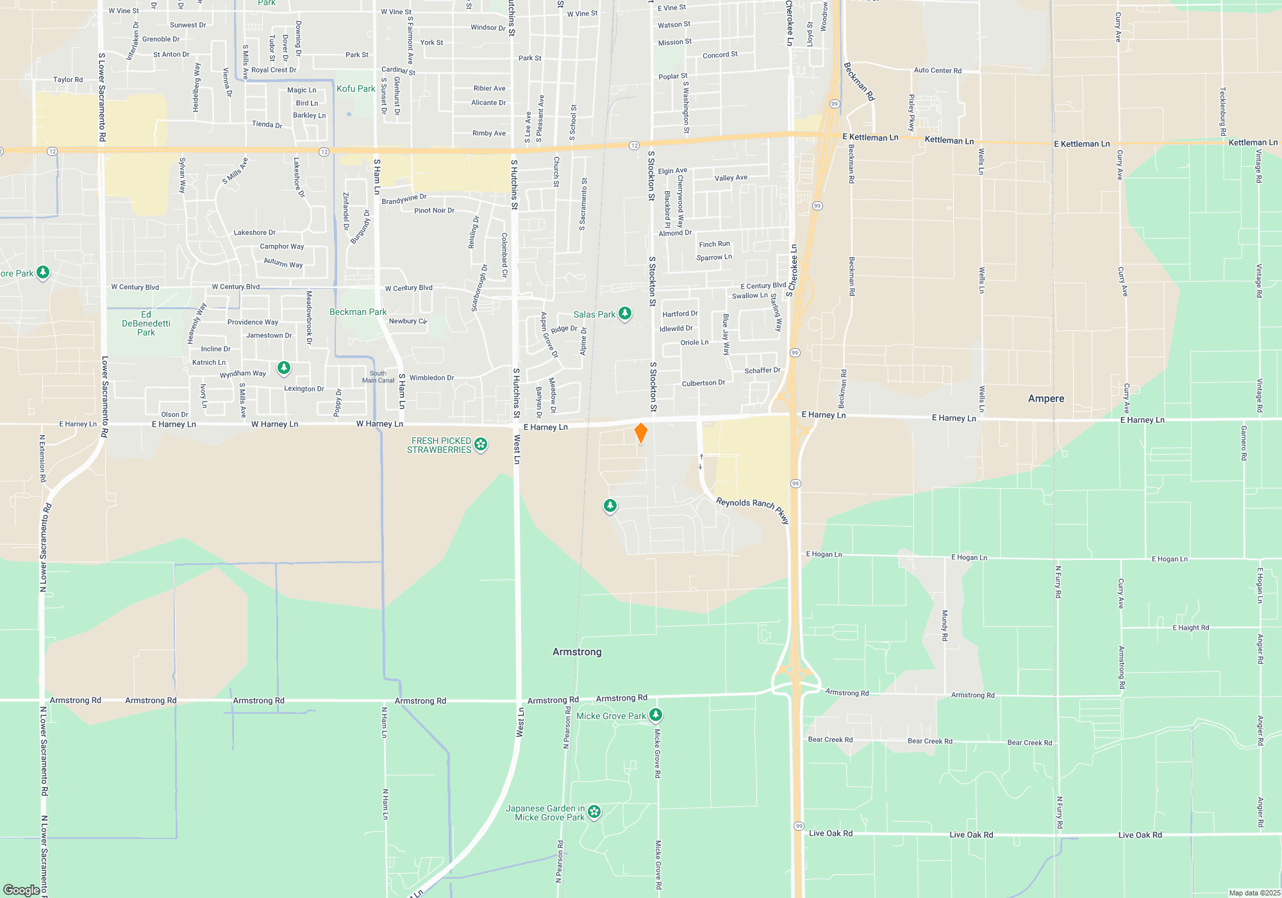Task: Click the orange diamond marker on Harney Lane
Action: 640,433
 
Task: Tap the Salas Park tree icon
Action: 625,314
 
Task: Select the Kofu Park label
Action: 356,89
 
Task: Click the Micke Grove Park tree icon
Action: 655,715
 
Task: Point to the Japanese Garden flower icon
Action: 594,812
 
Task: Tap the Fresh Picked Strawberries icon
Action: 481,444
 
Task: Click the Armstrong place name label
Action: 577,652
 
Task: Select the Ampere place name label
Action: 1046,398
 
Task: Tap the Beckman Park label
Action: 358,312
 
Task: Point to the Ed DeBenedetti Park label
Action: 146,323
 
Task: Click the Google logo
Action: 21,890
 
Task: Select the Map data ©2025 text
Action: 1254,893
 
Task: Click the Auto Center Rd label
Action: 937,71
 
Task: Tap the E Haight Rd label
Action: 1190,628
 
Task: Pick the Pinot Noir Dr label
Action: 434,210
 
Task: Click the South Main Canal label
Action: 378,377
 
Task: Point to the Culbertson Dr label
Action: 703,383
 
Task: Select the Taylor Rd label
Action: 68,80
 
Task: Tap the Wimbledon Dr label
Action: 431,378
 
